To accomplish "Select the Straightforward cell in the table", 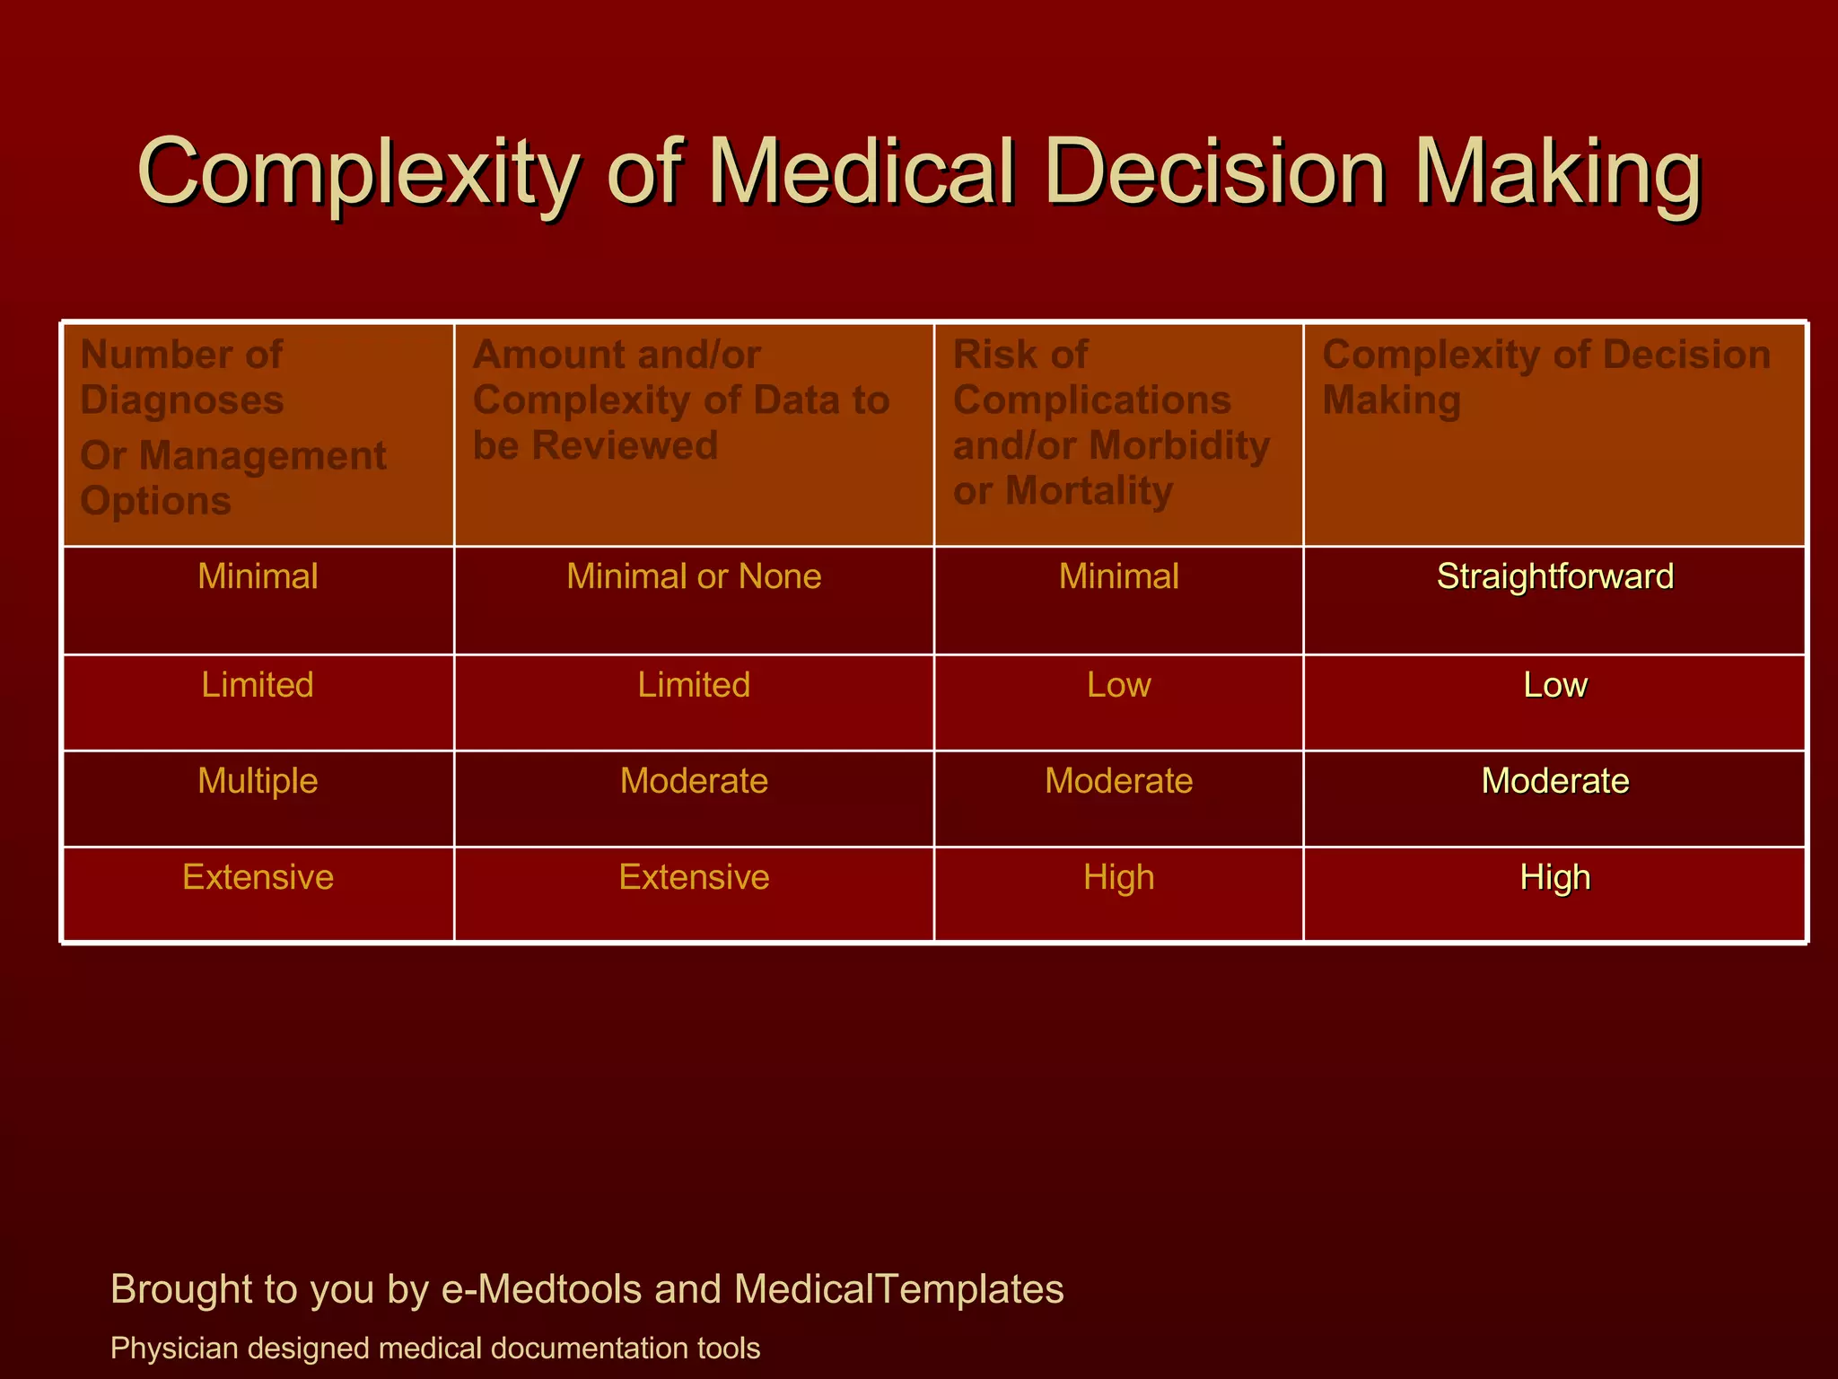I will (1554, 576).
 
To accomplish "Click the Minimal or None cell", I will (694, 576).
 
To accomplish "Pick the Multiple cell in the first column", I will (258, 781).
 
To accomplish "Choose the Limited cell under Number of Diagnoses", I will (258, 685).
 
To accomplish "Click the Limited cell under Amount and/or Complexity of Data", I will (694, 685).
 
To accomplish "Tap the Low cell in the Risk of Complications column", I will (1118, 685).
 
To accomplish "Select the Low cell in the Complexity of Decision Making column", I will (1554, 685).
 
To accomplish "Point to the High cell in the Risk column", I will (1118, 877).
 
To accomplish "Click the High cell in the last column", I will (1554, 877).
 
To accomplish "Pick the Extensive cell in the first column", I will (258, 877).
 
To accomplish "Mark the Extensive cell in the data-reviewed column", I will (694, 877).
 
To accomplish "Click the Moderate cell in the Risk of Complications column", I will (1118, 781).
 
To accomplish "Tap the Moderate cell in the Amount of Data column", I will (694, 781).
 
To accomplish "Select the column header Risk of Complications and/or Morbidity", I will (1111, 422).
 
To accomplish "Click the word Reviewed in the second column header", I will (625, 445).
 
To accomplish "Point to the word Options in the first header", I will (156, 500).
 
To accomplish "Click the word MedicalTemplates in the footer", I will (898, 1289).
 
